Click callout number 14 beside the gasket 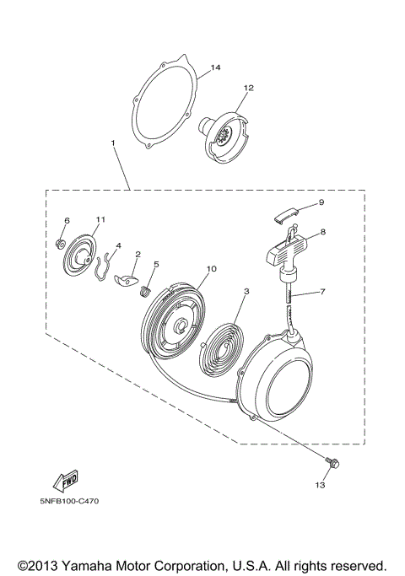pyautogui.click(x=215, y=67)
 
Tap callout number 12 pyautogui.click(x=248, y=88)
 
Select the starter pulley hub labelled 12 pyautogui.click(x=225, y=137)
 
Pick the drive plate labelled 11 pyautogui.click(x=79, y=256)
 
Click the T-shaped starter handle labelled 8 pyautogui.click(x=287, y=254)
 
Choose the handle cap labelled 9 pyautogui.click(x=286, y=214)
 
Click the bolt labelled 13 pyautogui.click(x=332, y=463)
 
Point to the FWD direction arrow pyautogui.click(x=66, y=480)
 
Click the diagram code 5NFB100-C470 pyautogui.click(x=69, y=501)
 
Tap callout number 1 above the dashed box pyautogui.click(x=113, y=142)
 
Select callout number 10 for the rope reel pyautogui.click(x=212, y=268)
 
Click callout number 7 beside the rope pyautogui.click(x=322, y=292)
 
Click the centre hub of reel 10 pyautogui.click(x=181, y=325)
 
